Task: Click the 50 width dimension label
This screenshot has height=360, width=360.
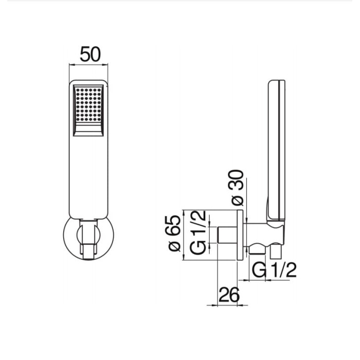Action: click(90, 54)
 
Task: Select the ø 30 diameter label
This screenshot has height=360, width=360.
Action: click(237, 188)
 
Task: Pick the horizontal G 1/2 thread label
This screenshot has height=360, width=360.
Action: click(274, 270)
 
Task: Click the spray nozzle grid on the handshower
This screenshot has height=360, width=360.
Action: click(88, 105)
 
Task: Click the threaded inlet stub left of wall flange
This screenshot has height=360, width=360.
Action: click(227, 235)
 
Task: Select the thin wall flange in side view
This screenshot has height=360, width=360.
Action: click(240, 235)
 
